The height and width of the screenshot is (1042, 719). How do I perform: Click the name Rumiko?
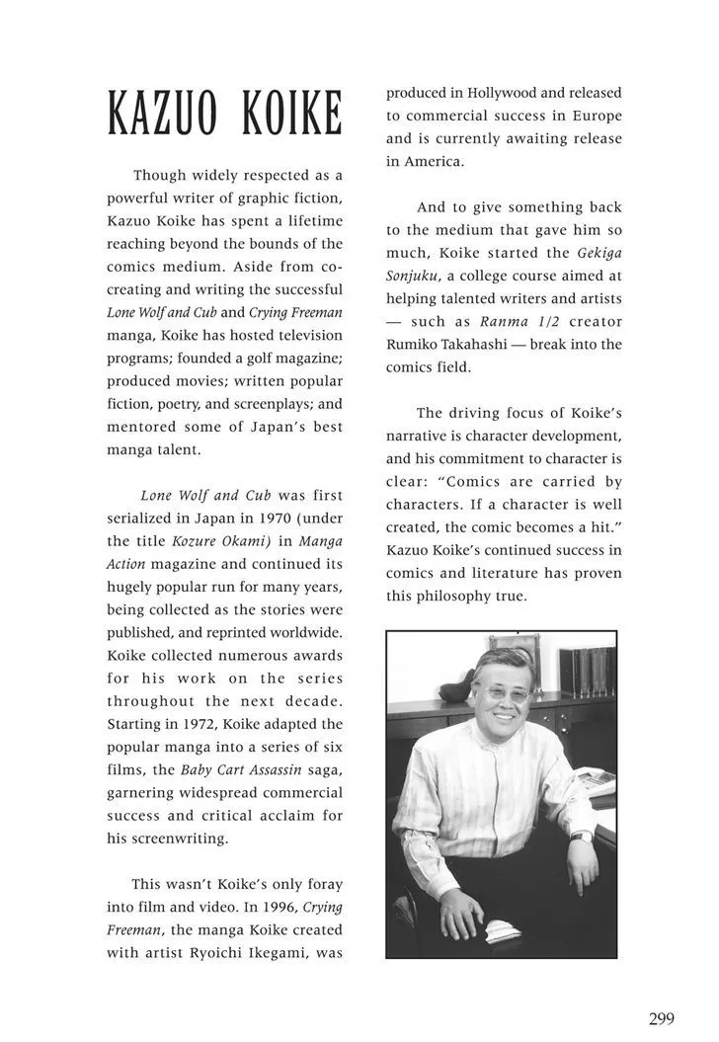point(414,345)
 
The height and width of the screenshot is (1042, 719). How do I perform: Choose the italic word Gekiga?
point(596,253)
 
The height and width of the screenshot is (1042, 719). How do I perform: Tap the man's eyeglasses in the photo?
point(503,693)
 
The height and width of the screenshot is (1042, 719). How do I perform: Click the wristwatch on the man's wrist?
point(582,837)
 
